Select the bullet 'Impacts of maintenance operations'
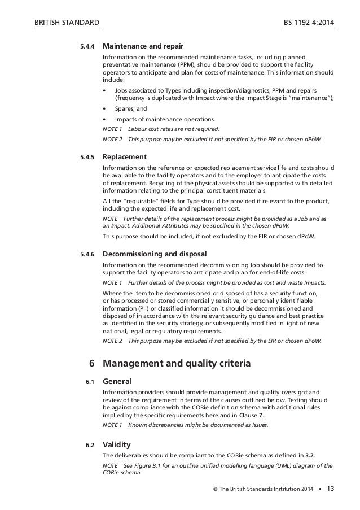[x=164, y=119]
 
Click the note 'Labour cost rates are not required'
[x=173, y=129]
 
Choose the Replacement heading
[x=124, y=156]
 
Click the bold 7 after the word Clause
[x=268, y=415]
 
